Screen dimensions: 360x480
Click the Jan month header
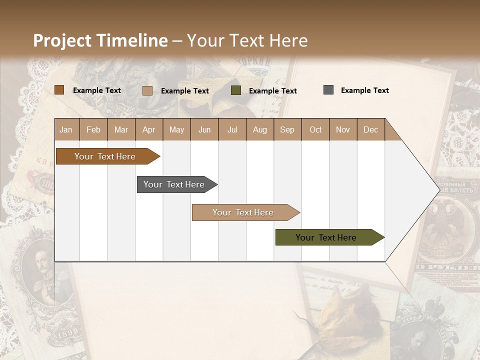pyautogui.click(x=66, y=129)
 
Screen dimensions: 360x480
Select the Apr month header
pyautogui.click(x=148, y=129)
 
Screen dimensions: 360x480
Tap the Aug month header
pyautogui.click(x=259, y=129)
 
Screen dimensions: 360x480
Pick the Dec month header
pyautogui.click(x=370, y=129)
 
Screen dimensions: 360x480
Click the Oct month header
pyautogui.click(x=315, y=129)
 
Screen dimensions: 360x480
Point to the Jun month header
pyautogui.click(x=204, y=129)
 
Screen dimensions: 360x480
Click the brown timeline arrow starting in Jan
pyautogui.click(x=105, y=156)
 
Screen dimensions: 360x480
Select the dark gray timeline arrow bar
pyautogui.click(x=174, y=184)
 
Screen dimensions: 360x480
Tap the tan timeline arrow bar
pyautogui.click(x=243, y=212)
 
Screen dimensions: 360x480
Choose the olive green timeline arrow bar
pyautogui.click(x=326, y=237)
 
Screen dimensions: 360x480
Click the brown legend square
pyautogui.click(x=59, y=90)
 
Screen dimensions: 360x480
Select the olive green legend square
pyautogui.click(x=236, y=90)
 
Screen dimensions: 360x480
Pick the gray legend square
pyautogui.click(x=328, y=90)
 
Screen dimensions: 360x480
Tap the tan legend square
pyautogui.click(x=147, y=90)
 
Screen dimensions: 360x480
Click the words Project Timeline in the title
pyautogui.click(x=100, y=40)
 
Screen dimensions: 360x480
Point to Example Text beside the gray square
pyautogui.click(x=364, y=90)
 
